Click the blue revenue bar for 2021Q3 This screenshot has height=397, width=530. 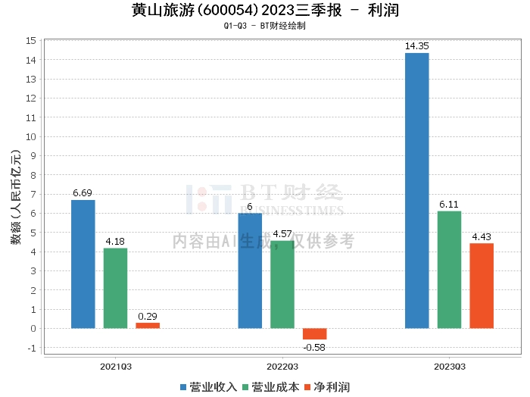[83, 264]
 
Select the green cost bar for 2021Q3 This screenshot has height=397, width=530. [115, 288]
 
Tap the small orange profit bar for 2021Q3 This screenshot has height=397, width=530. [148, 326]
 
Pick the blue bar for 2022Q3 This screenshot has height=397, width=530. [250, 270]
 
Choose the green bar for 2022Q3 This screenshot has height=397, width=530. [282, 284]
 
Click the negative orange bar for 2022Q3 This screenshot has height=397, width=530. [314, 334]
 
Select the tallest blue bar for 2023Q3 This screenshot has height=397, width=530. [416, 190]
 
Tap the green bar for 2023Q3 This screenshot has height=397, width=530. [449, 270]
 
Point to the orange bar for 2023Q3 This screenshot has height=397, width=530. [482, 286]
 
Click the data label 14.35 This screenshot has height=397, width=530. [416, 47]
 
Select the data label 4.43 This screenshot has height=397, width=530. [482, 237]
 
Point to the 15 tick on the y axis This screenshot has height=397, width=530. [31, 40]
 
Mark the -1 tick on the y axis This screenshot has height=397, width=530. [32, 348]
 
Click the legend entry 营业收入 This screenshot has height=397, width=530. [208, 386]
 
